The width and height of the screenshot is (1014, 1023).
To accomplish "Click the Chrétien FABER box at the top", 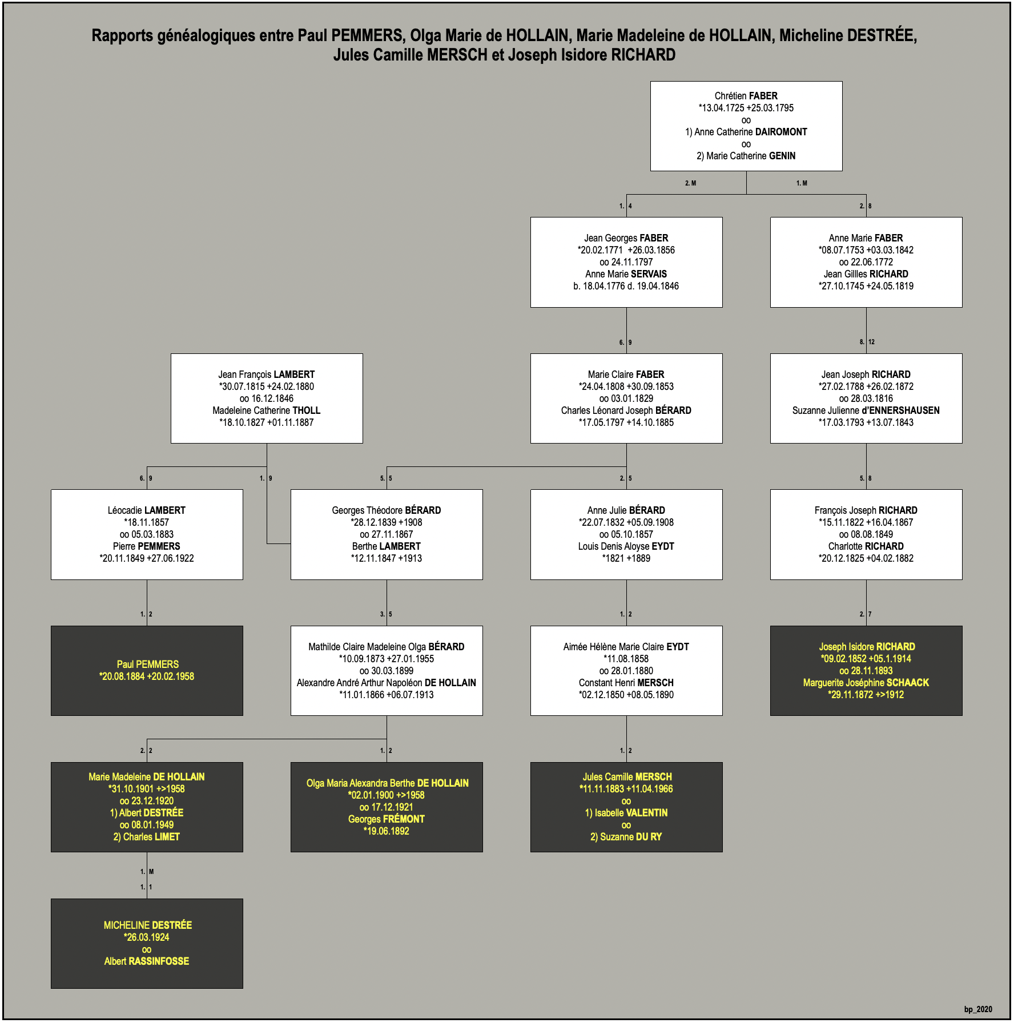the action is click(746, 126).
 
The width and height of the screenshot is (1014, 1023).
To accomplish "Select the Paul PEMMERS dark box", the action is click(147, 671).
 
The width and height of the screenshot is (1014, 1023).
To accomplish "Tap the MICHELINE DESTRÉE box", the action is click(147, 944).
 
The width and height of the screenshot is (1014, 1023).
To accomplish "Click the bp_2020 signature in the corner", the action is click(978, 1009).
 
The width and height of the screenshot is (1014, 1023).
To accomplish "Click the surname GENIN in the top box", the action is click(782, 156).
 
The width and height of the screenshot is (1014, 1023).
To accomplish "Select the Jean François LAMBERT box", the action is click(267, 398).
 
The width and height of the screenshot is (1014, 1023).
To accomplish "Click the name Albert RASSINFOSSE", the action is click(147, 961).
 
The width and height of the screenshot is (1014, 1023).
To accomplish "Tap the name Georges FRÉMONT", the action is click(387, 819).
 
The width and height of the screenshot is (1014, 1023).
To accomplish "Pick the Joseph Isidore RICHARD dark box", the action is click(866, 671).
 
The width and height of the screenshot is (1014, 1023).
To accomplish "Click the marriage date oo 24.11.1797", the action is click(626, 262).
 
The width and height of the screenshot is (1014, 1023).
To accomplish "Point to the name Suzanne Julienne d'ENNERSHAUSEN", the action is click(866, 410).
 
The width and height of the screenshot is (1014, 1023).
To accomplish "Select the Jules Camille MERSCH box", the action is click(626, 807).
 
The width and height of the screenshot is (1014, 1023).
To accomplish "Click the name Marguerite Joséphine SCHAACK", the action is click(866, 683).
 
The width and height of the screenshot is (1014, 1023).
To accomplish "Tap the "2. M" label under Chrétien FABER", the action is click(690, 183).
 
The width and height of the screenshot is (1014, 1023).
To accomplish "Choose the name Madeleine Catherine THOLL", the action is click(267, 410).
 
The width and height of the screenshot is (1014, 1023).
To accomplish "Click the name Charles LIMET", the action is click(147, 837).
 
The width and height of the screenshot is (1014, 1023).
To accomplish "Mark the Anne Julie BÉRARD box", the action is click(626, 534).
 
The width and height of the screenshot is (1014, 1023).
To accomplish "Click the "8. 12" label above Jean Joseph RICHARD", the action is click(867, 342).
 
